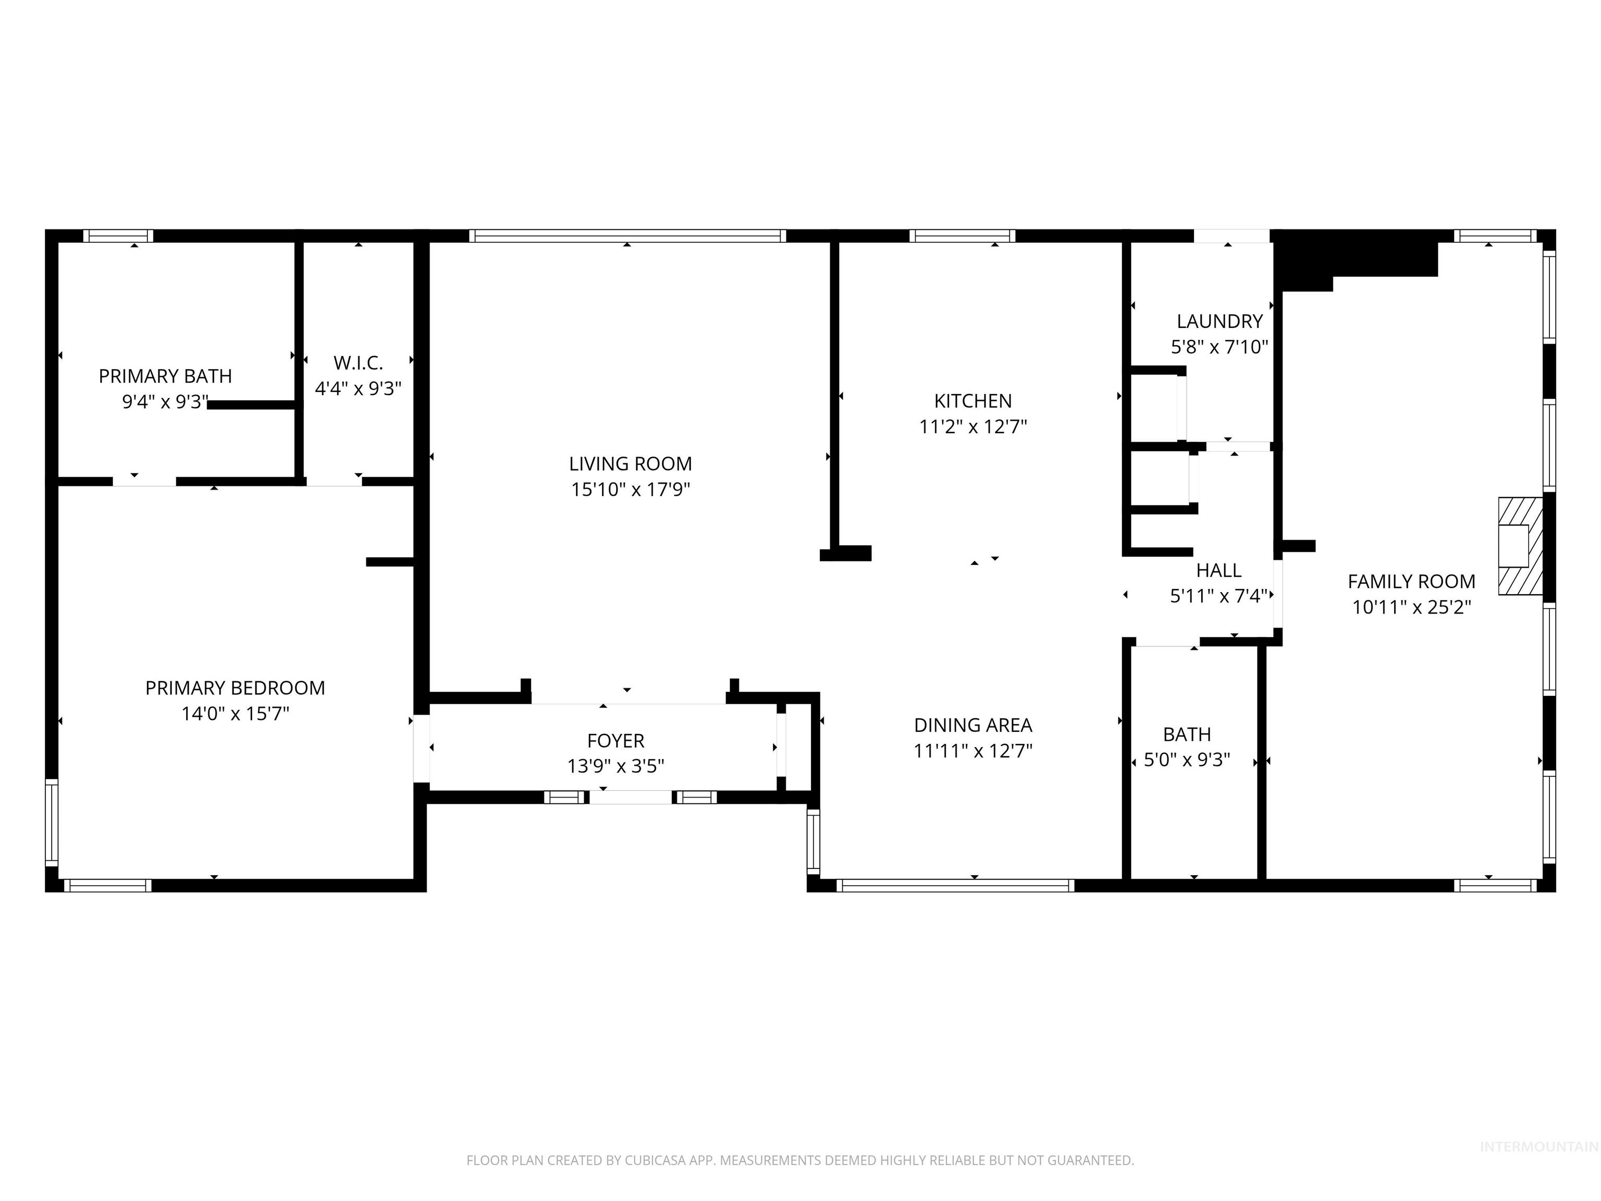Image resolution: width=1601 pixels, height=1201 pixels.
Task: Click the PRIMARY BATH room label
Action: (165, 376)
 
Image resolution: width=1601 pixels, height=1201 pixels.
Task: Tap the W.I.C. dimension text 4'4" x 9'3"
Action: (358, 389)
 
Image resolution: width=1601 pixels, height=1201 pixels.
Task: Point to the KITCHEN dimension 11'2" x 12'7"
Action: (973, 426)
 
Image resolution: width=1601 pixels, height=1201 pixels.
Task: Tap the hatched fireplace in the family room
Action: (1519, 546)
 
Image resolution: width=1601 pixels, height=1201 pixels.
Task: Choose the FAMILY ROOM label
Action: (1411, 581)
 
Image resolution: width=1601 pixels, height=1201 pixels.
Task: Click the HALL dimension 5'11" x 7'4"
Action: (1219, 596)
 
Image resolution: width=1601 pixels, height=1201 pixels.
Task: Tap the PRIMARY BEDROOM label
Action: (235, 688)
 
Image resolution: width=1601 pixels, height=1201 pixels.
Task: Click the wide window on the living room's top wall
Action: (627, 235)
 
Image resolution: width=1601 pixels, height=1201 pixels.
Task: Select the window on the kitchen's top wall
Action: (962, 235)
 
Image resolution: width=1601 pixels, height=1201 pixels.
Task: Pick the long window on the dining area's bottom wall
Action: (955, 885)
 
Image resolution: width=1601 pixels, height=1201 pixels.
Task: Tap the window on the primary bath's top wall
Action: (118, 235)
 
